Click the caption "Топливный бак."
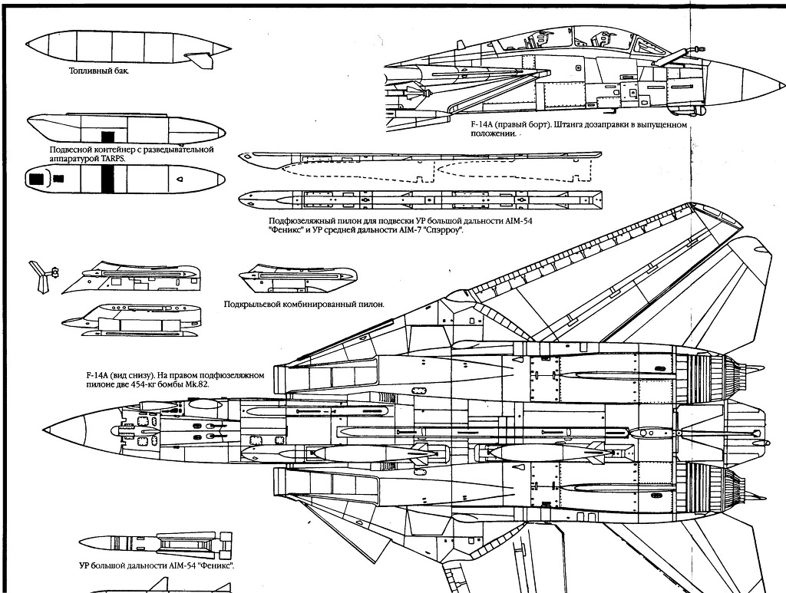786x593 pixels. (98, 71)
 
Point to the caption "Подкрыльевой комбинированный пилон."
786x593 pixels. (303, 304)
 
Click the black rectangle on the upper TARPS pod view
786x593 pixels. (108, 136)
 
